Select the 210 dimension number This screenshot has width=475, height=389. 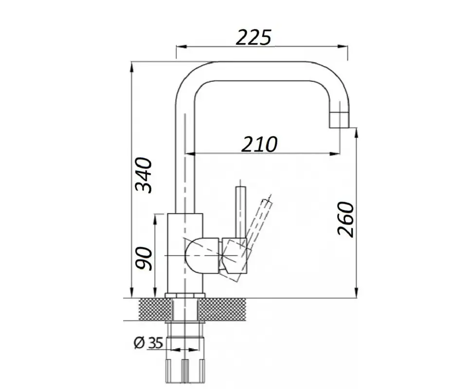pyautogui.click(x=259, y=144)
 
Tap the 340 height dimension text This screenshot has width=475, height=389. pyautogui.click(x=144, y=175)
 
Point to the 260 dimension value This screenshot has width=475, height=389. pyautogui.click(x=346, y=219)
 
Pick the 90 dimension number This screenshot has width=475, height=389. pyautogui.click(x=144, y=258)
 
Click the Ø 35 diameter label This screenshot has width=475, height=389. pyautogui.click(x=149, y=343)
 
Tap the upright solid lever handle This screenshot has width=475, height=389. pyautogui.click(x=240, y=212)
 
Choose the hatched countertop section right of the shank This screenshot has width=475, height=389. pyautogui.click(x=222, y=309)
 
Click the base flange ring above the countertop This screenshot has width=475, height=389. pyautogui.click(x=185, y=296)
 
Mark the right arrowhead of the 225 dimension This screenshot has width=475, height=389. pyautogui.click(x=343, y=47)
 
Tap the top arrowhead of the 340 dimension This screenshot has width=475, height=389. pyautogui.click(x=132, y=67)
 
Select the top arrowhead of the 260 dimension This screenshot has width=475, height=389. pyautogui.click(x=357, y=133)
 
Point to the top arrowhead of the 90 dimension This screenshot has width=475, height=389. pyautogui.click(x=155, y=219)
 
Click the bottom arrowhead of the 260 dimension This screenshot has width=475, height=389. pyautogui.click(x=357, y=293)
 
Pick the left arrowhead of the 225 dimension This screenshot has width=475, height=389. pyautogui.click(x=181, y=47)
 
